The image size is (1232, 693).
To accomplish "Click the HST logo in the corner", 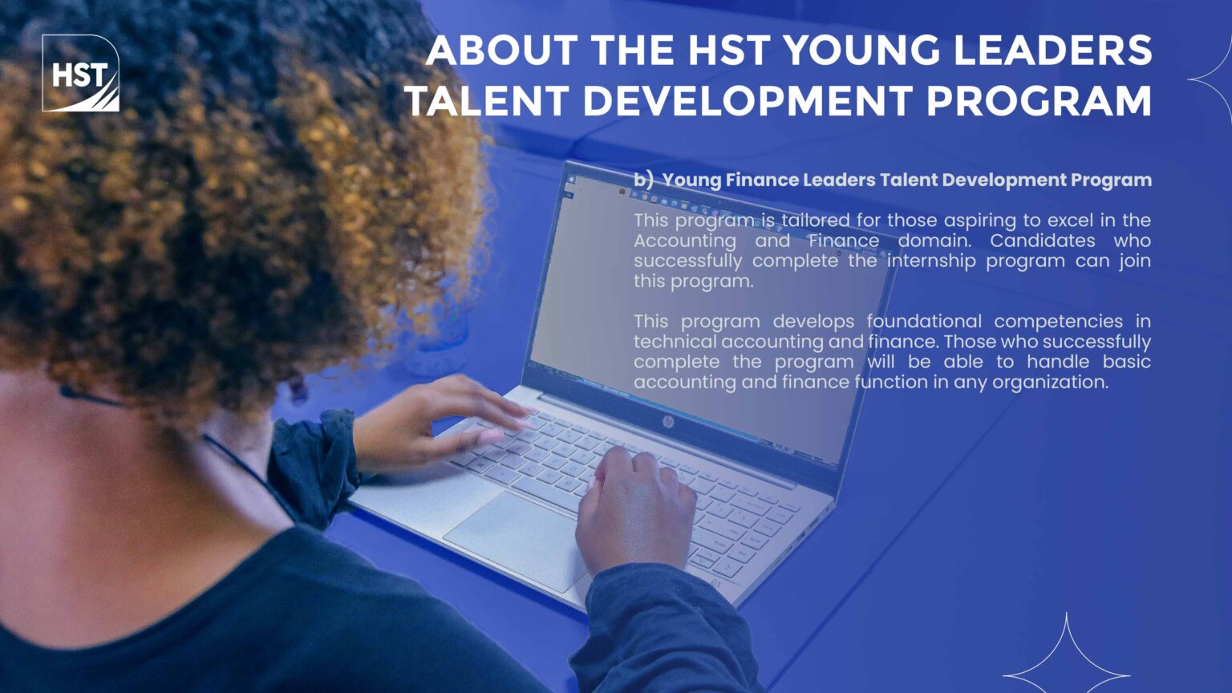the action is [x=81, y=73].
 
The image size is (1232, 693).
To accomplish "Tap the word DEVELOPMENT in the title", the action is [x=748, y=100].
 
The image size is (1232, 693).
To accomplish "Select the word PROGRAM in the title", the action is [x=1039, y=100].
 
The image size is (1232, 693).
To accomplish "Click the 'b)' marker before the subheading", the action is [x=643, y=180].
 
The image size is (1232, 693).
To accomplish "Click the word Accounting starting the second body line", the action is [x=685, y=241].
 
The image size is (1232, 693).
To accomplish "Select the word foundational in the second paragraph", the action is [x=924, y=321].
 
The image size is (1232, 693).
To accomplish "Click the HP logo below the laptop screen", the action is [x=668, y=423].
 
